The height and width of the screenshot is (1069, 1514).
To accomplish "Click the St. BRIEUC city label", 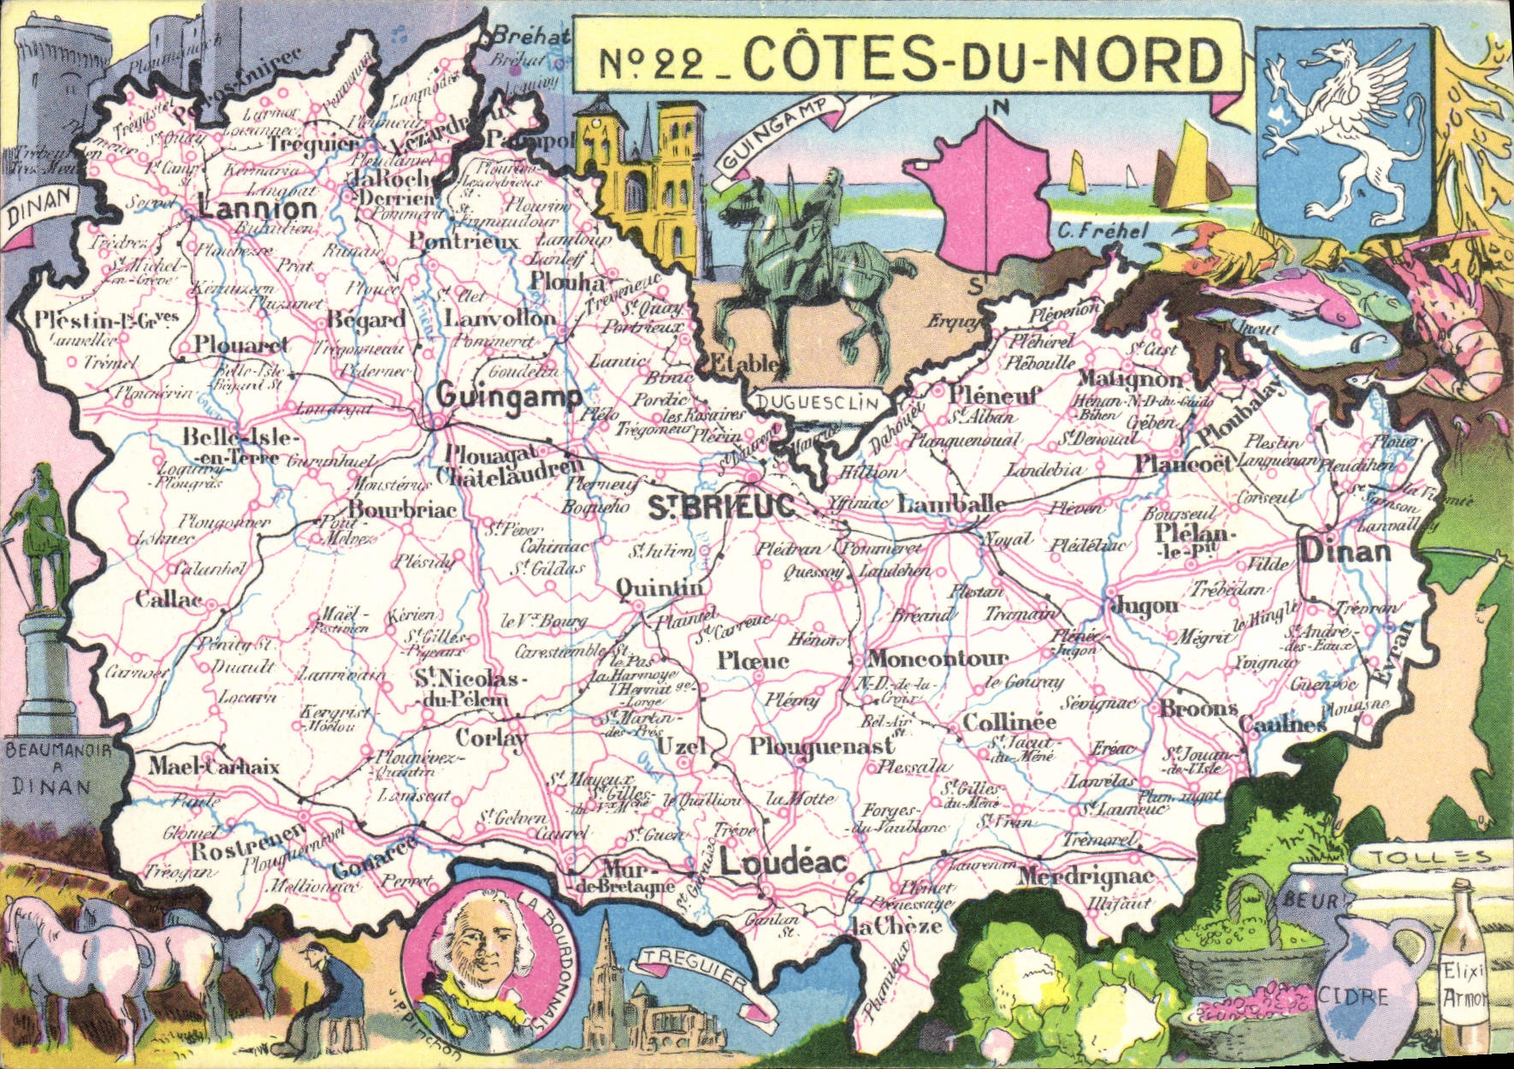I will point(721,507).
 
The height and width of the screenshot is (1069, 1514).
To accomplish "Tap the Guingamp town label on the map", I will point(508,397).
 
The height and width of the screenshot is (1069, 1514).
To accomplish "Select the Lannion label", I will point(257,210).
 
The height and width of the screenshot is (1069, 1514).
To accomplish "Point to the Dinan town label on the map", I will point(1345,550).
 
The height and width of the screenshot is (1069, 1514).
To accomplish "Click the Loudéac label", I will point(783,864).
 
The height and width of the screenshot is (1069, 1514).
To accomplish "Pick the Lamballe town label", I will point(951,504).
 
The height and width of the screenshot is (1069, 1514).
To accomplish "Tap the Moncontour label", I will point(937,658).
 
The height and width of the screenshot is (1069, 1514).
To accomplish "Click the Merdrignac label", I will point(1085,878).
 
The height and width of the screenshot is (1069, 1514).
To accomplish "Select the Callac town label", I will point(169,599).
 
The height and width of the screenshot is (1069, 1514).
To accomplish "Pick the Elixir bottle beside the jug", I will point(1464,984).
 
